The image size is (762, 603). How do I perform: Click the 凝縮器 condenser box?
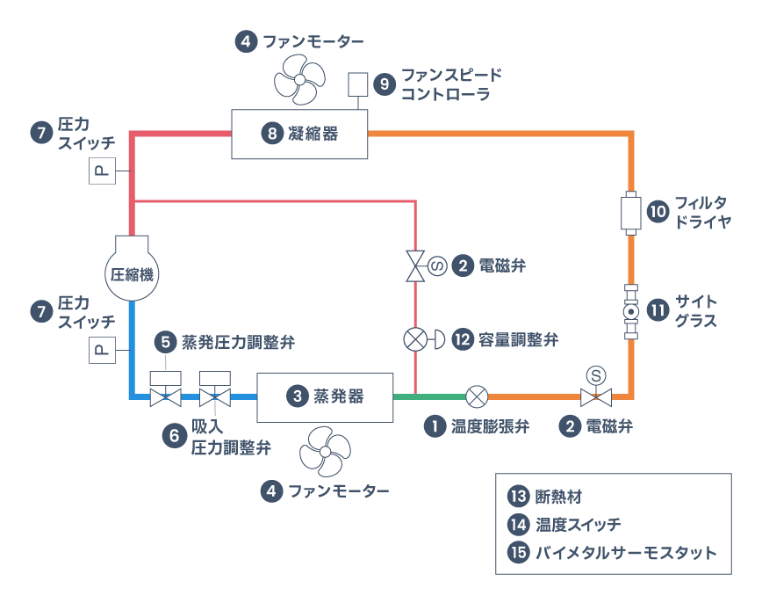(x=299, y=134)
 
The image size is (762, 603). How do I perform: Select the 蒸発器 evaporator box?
(x=324, y=396)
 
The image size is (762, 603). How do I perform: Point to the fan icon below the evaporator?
(x=324, y=450)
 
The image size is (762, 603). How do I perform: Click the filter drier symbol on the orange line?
(x=630, y=214)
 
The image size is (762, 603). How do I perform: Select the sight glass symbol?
(x=630, y=312)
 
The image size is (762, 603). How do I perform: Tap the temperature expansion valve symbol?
(x=477, y=396)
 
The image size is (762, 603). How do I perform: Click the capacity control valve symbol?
(x=416, y=338)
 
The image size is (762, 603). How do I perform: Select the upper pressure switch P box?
(x=100, y=171)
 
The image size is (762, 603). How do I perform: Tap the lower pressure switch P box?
(x=100, y=351)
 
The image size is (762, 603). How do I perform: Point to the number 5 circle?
(x=164, y=340)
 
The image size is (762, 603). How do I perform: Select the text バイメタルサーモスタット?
(x=626, y=553)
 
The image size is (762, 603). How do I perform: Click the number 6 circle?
(x=173, y=433)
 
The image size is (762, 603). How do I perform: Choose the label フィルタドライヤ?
(x=701, y=214)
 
